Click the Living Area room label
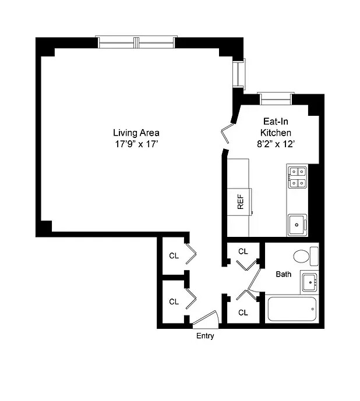pyautogui.click(x=136, y=132)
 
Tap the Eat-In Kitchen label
pyautogui.click(x=276, y=127)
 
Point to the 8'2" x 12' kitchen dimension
pyautogui.click(x=276, y=144)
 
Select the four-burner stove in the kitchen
pyautogui.click(x=297, y=178)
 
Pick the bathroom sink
pyautogui.click(x=309, y=282)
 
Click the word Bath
pyautogui.click(x=283, y=274)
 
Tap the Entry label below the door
pyautogui.click(x=204, y=336)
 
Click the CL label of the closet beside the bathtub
pyautogui.click(x=243, y=313)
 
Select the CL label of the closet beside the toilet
pyautogui.click(x=243, y=251)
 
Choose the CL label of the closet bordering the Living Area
pyautogui.click(x=174, y=255)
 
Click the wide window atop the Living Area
pyautogui.click(x=136, y=42)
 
